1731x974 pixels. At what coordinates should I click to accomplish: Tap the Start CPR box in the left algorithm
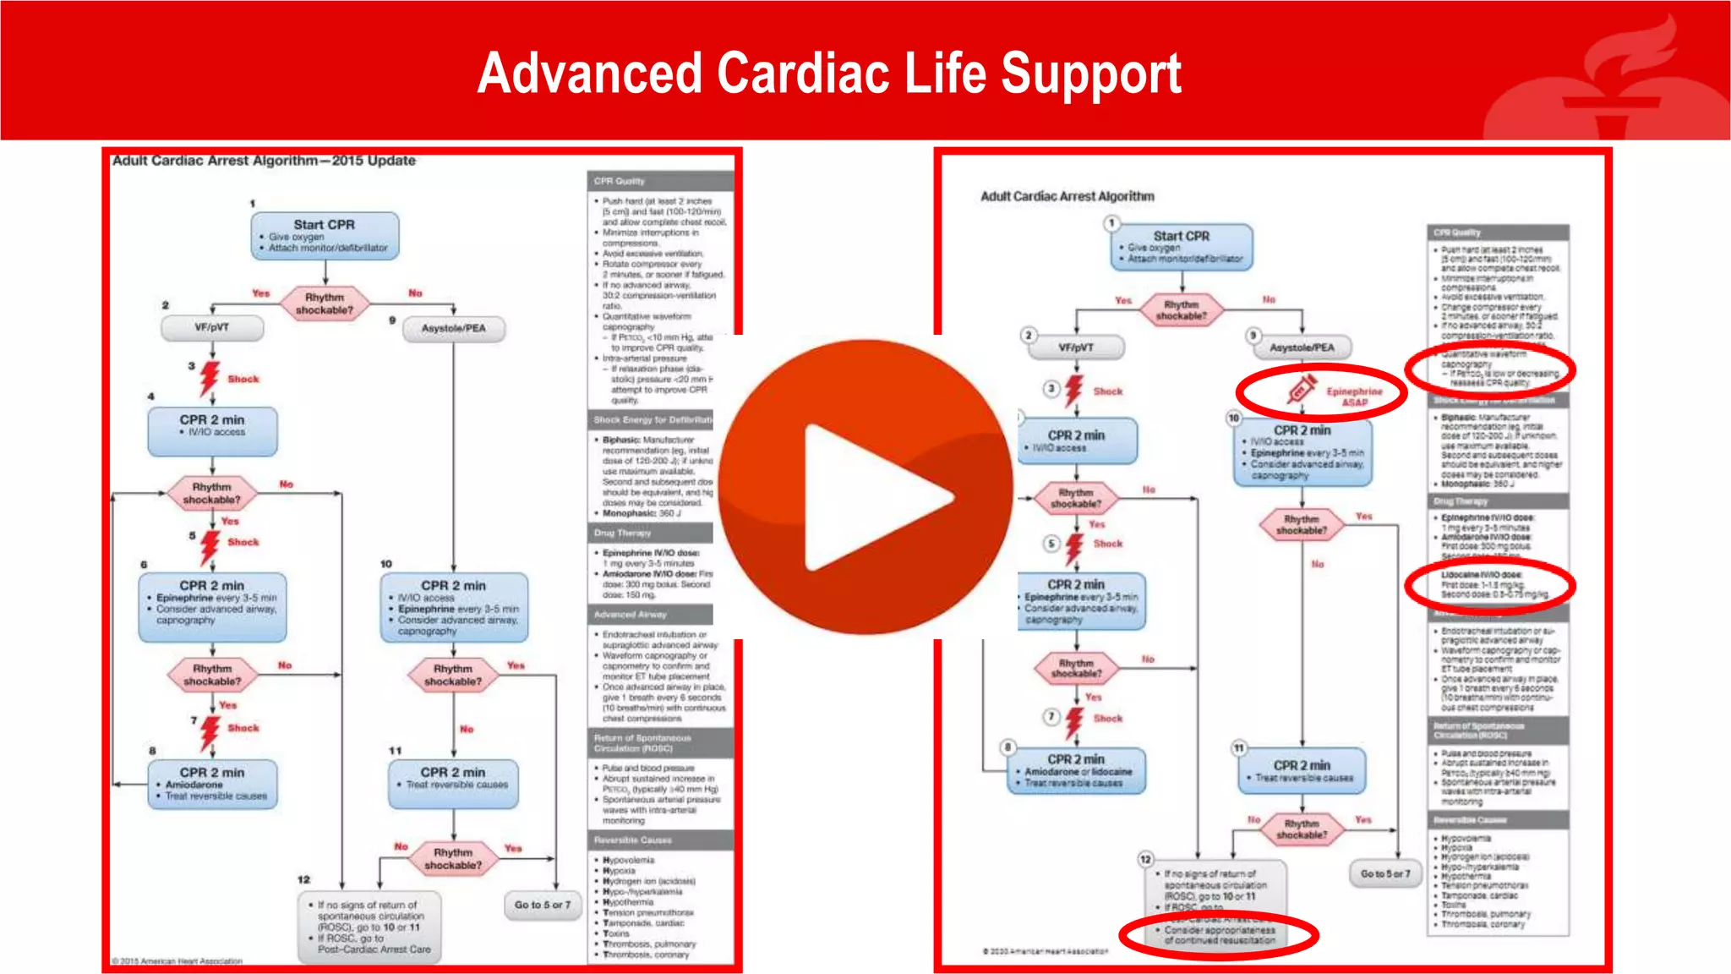(x=325, y=235)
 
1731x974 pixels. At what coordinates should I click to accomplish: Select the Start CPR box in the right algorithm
(x=1182, y=247)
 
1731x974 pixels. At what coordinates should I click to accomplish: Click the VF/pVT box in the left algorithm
(x=212, y=328)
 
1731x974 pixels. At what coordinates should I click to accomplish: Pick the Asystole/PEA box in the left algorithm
(x=454, y=328)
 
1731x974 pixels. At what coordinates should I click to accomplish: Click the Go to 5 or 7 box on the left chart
(x=543, y=905)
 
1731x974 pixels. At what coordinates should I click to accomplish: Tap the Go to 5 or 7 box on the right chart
(x=1385, y=873)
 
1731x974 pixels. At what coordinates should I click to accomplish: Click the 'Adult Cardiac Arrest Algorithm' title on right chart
(x=1067, y=196)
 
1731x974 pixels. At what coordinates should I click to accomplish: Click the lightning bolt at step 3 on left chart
(x=210, y=378)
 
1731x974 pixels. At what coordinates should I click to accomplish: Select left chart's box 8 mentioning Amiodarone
(x=212, y=783)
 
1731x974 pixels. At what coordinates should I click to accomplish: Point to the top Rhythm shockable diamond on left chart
(x=325, y=303)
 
